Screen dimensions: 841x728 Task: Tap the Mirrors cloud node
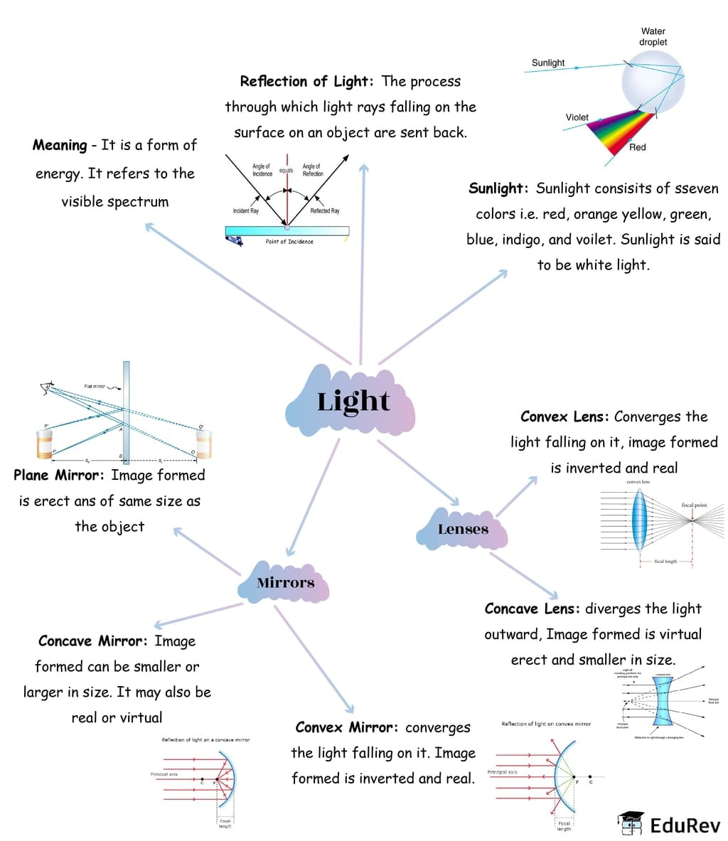(285, 583)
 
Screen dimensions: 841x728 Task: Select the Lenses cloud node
(463, 529)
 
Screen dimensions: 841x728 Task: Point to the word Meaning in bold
(60, 145)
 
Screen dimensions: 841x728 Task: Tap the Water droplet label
(653, 37)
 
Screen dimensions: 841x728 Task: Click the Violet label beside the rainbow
(577, 117)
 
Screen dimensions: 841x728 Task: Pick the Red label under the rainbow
(637, 147)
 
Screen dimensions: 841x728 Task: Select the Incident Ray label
(245, 211)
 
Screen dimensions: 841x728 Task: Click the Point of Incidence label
(289, 242)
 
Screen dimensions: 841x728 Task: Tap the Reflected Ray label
(325, 211)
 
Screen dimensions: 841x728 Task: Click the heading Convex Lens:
(564, 417)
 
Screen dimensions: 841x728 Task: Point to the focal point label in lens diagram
(694, 505)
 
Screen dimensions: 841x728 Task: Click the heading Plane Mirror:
(60, 475)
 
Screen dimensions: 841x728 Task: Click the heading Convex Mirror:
(347, 727)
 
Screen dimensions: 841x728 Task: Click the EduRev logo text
(685, 825)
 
